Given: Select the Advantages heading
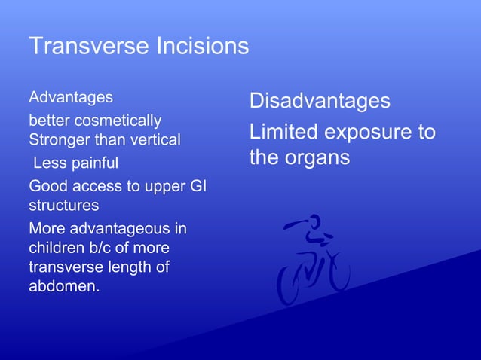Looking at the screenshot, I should point(71,97).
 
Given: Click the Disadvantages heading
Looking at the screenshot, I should point(320,101).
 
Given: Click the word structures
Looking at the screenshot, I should point(63,204).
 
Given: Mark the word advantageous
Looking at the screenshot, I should point(120,228).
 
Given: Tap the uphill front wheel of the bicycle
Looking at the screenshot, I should point(335,272).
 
